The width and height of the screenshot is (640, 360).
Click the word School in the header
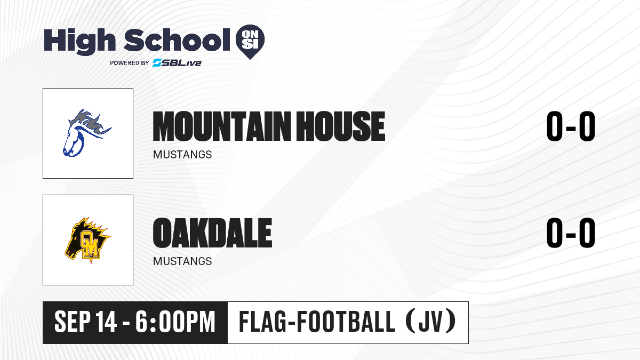click(177, 40)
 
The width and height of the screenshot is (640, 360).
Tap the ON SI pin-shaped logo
click(250, 42)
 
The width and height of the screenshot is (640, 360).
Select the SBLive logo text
click(177, 62)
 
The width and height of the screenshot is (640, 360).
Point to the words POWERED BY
click(130, 63)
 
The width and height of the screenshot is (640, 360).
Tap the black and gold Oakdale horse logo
click(88, 240)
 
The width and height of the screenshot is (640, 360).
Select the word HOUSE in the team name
click(341, 126)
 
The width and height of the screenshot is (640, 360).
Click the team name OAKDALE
click(213, 233)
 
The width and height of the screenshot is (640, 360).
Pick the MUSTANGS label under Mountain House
click(182, 155)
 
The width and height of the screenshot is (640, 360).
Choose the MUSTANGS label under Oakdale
click(182, 261)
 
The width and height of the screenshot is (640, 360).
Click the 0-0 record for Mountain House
click(571, 126)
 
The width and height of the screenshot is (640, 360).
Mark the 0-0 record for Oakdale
click(571, 233)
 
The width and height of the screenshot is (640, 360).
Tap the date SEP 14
click(85, 322)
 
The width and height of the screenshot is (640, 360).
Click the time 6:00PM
click(175, 322)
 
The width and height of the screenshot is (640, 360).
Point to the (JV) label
click(431, 322)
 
